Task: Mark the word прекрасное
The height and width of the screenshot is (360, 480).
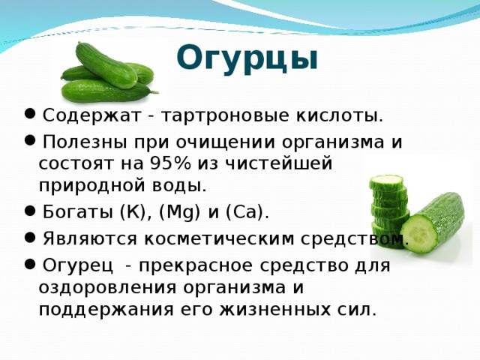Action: click(x=196, y=266)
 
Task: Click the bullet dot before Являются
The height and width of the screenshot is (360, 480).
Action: click(x=28, y=238)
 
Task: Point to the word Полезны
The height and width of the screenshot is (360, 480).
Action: click(x=76, y=142)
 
